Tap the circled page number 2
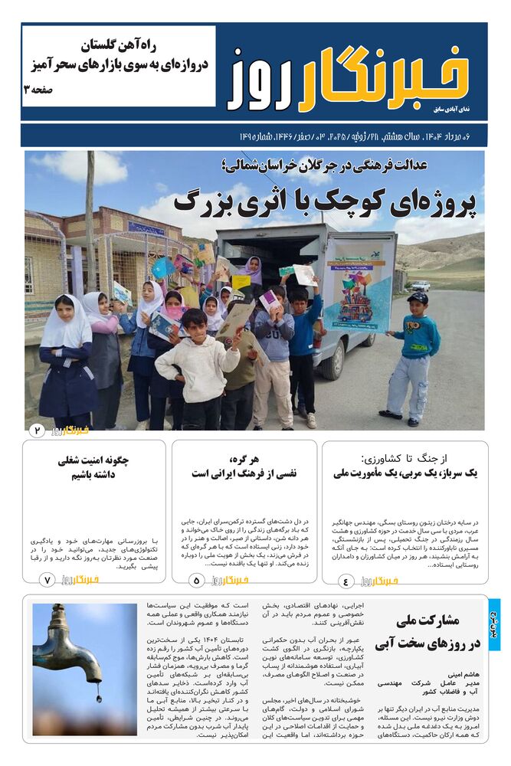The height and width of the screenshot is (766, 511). (x=35, y=430)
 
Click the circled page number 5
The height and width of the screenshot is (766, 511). (x=196, y=581)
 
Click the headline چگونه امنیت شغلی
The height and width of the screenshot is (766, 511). (x=93, y=460)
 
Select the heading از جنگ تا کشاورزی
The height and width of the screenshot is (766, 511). (x=405, y=458)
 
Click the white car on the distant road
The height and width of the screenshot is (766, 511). (x=421, y=286)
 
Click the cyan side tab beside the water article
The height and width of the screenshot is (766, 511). (x=494, y=624)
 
